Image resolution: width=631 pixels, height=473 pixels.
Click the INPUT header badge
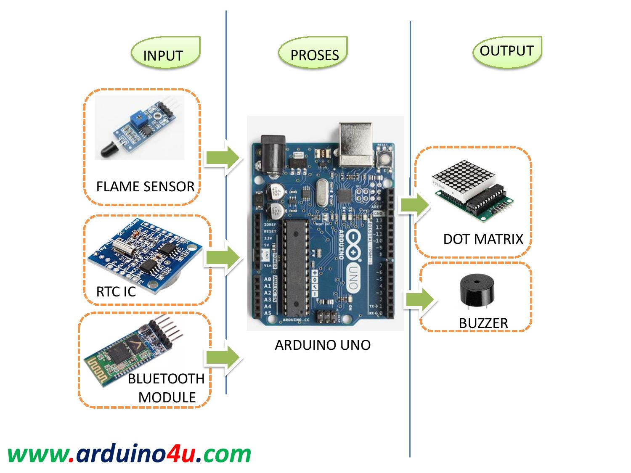(x=165, y=53)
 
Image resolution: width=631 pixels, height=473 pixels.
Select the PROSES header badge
(x=313, y=53)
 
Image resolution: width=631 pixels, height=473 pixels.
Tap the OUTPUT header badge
(x=507, y=52)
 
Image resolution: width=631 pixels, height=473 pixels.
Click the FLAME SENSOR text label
(x=145, y=186)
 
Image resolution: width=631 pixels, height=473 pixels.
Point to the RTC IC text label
(x=116, y=291)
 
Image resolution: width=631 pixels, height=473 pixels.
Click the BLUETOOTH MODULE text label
(x=167, y=388)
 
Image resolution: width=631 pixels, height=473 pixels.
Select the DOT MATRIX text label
(x=483, y=239)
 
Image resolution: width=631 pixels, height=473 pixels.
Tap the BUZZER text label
(x=483, y=323)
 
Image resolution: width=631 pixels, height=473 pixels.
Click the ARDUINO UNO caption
(x=323, y=345)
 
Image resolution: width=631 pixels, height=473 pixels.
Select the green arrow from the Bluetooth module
(x=222, y=357)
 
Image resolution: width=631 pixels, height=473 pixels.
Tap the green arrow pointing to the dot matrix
(x=414, y=205)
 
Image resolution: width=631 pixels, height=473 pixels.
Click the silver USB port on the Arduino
(x=355, y=144)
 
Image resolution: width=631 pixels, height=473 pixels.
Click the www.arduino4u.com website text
(x=129, y=454)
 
